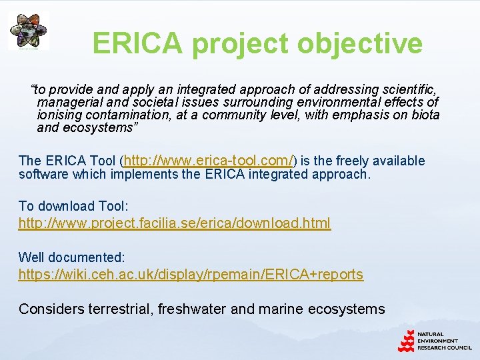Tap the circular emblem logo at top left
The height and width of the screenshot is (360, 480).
28,31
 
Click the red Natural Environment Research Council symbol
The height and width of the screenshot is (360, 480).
406,341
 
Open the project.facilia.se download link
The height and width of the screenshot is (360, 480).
174,223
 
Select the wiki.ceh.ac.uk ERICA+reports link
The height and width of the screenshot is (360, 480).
191,274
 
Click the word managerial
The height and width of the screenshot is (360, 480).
68,102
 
